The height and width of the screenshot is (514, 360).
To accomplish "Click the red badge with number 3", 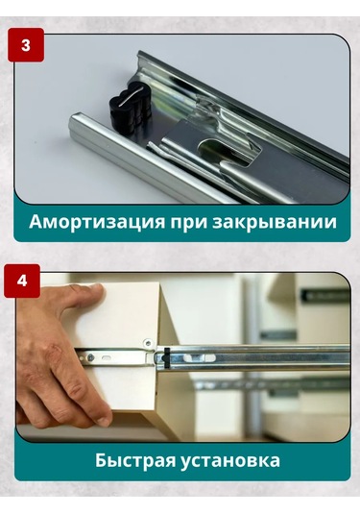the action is (26, 45).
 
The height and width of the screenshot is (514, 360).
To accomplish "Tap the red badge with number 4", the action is (22, 281).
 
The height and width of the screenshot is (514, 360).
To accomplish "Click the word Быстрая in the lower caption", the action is (135, 461).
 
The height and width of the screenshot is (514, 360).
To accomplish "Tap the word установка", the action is (230, 461).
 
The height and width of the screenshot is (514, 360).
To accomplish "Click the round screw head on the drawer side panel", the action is (148, 343).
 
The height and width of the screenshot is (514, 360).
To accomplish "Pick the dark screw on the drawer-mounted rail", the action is (91, 356).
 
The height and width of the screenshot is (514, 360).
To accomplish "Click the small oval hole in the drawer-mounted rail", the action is (108, 357).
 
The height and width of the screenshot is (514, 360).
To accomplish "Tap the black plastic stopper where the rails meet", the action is (166, 357).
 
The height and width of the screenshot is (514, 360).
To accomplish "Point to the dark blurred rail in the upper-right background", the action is (324, 295).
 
